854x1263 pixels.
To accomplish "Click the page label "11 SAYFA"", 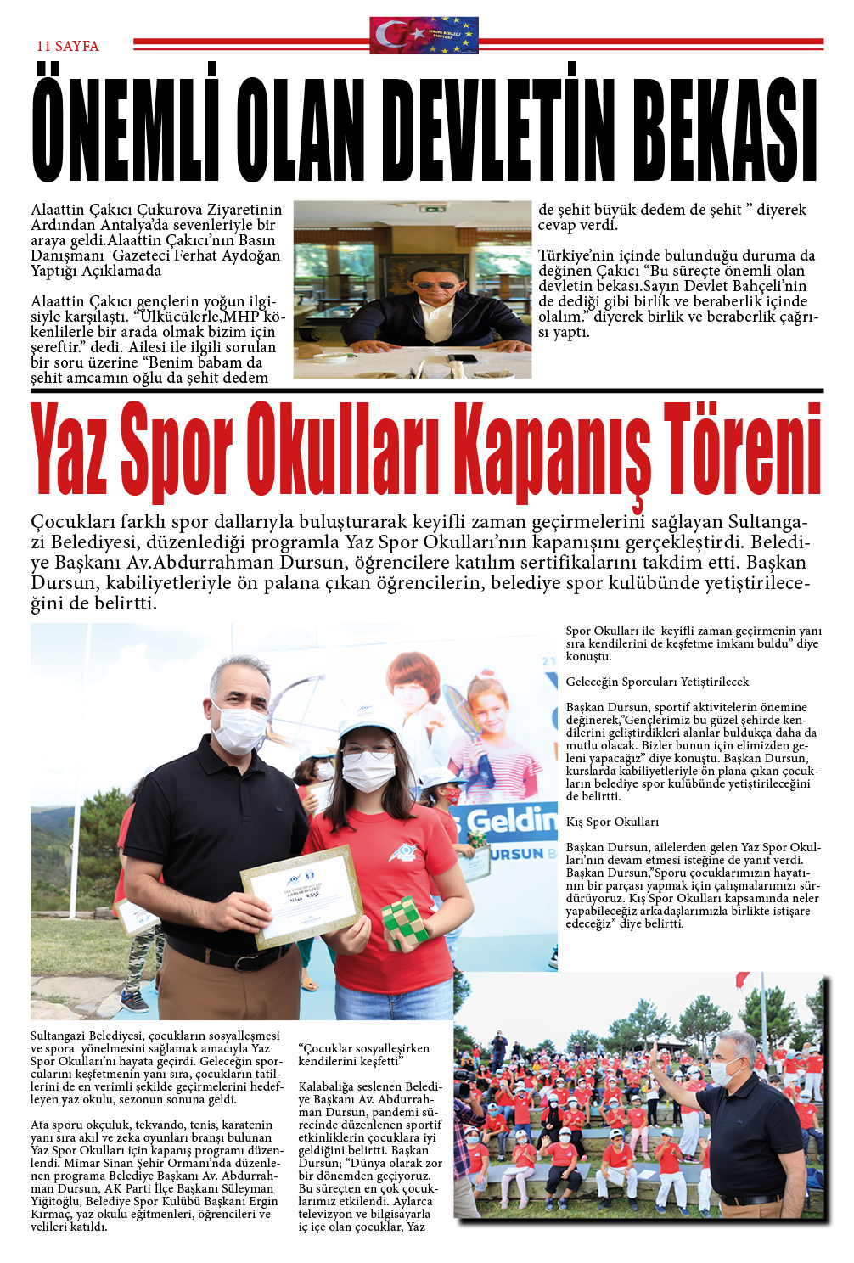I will coord(68,46).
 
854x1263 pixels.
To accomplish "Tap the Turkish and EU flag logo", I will coord(424,36).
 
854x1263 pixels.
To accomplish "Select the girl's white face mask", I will coord(368,772).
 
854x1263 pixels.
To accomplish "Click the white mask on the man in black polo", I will coord(239,727).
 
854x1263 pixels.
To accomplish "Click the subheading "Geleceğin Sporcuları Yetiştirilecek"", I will coord(657,682).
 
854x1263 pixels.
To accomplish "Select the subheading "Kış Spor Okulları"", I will coord(612,822).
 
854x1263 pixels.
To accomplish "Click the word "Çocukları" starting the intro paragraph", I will coord(71,521).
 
